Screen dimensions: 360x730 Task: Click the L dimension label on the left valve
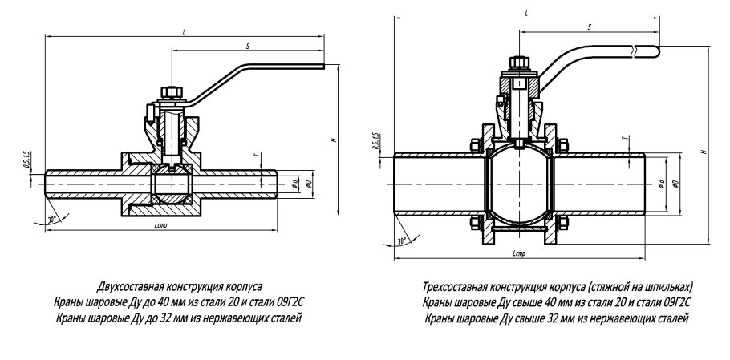(x=185, y=30)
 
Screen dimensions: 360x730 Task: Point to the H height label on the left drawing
(x=333, y=141)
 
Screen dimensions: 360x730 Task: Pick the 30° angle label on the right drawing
(x=401, y=239)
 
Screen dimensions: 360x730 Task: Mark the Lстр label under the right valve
(x=518, y=253)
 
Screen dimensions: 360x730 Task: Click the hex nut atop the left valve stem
(x=170, y=91)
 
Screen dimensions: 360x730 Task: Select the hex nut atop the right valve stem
(x=518, y=62)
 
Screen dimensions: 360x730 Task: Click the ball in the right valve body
(x=518, y=183)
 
